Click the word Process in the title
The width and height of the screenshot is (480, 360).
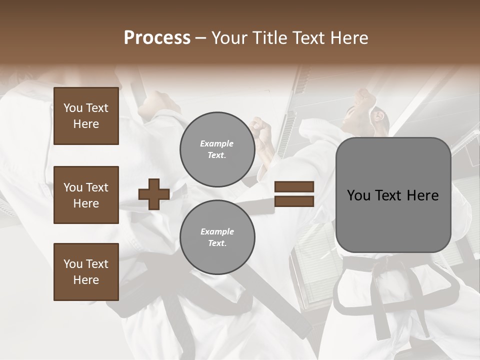pos(157,38)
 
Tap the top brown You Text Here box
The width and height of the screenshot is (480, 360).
pos(86,116)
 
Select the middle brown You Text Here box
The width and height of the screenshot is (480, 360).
pos(86,195)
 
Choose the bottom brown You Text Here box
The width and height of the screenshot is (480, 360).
pos(86,272)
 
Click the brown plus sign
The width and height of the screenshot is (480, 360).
pos(154,194)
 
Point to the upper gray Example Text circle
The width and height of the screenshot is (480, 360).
pos(217,149)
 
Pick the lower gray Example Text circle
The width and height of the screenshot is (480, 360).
pos(217,237)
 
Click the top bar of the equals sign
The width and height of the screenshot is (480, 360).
pos(294,187)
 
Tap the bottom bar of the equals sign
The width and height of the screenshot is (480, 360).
pos(294,201)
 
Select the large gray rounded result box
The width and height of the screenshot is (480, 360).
pos(393,195)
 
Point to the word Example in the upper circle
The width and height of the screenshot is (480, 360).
pos(217,143)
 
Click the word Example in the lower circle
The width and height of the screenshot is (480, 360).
pos(217,231)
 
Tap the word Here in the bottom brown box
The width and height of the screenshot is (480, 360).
pos(86,280)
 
